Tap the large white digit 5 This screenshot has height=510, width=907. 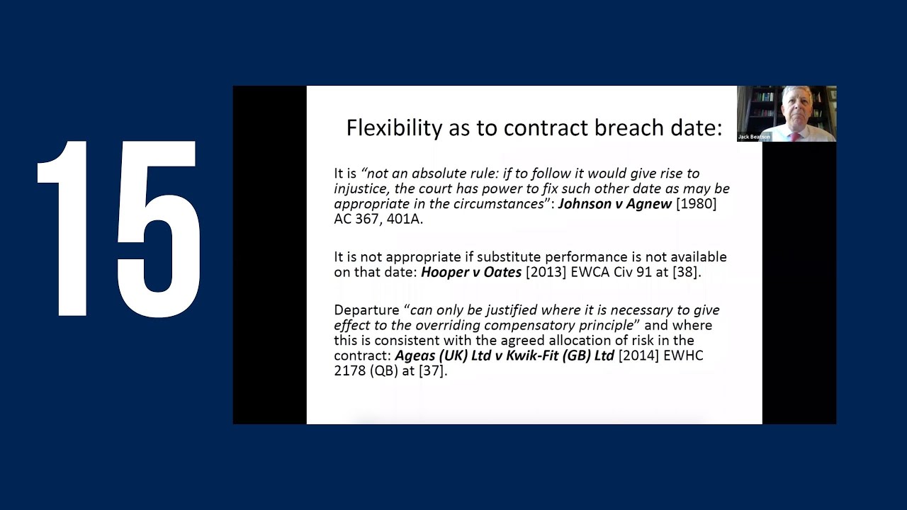(x=159, y=228)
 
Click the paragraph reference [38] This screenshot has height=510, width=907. (x=685, y=272)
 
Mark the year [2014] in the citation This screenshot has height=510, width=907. (x=641, y=356)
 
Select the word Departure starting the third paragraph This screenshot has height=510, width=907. (x=366, y=310)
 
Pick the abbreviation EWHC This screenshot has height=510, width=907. (x=685, y=356)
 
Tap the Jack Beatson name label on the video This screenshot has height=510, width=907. (x=754, y=137)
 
